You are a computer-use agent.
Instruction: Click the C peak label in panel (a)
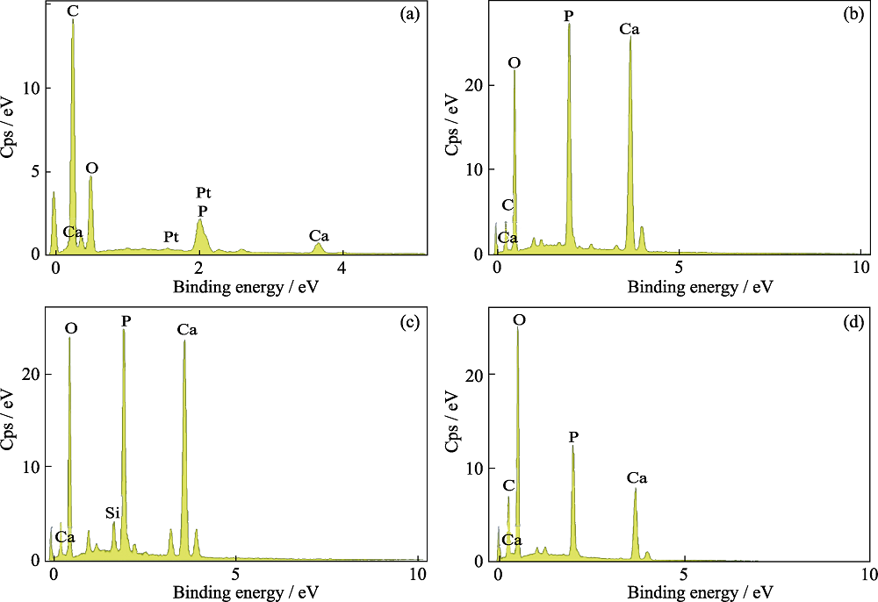[x=72, y=11]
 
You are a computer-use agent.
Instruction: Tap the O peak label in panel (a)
[x=92, y=168]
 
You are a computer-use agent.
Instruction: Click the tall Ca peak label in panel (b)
[x=629, y=29]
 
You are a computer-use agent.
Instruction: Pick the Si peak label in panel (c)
[x=112, y=512]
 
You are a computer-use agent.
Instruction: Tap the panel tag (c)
[x=408, y=321]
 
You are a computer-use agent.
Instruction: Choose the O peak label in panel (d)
[x=519, y=321]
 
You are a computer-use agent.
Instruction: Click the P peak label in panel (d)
[x=573, y=436]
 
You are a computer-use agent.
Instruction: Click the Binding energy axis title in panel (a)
[x=227, y=287]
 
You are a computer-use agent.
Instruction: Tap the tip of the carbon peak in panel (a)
[x=73, y=20]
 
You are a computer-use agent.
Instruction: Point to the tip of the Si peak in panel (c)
[x=113, y=523]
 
